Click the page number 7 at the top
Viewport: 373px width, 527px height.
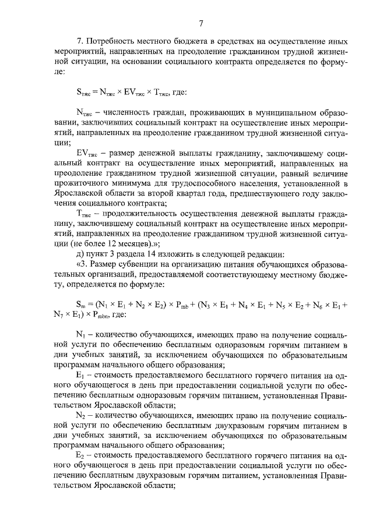click(200, 23)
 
